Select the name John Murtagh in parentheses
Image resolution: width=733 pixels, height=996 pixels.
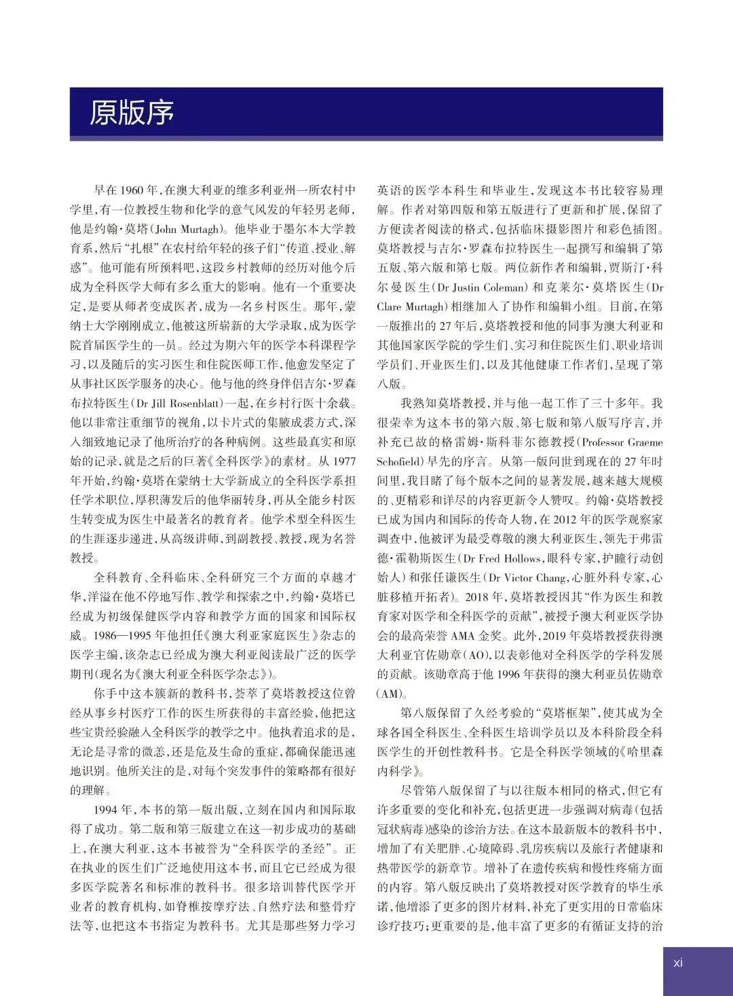pyautogui.click(x=184, y=229)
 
